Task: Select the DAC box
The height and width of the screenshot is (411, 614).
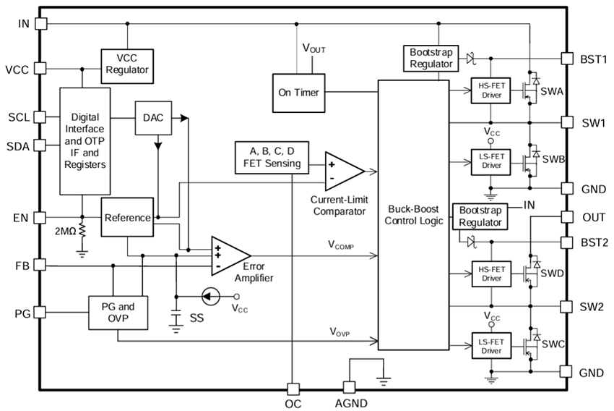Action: click(152, 116)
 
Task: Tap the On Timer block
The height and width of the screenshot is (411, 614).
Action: click(298, 92)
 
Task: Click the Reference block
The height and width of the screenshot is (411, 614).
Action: click(127, 217)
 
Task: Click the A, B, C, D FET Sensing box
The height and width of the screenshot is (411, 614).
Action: click(271, 158)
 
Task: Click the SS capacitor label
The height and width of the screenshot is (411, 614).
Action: click(196, 318)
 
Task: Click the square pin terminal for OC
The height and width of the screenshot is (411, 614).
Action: click(293, 389)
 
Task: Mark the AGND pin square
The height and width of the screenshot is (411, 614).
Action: click(350, 389)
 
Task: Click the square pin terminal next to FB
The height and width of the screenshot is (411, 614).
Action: click(40, 266)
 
